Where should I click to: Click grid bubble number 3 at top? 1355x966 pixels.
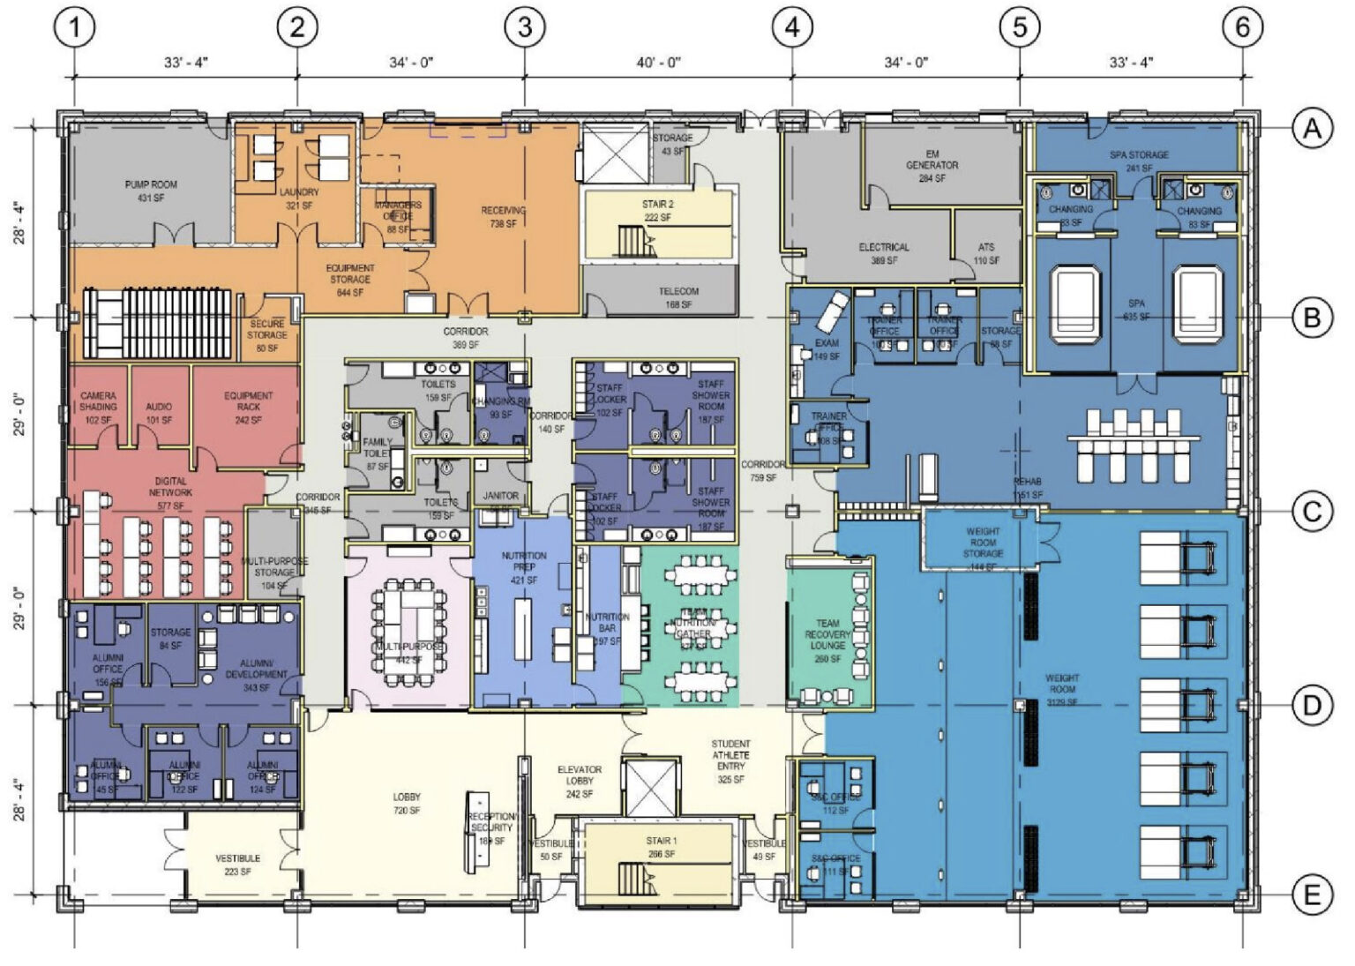coord(524,27)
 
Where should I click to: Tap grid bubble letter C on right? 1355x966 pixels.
coord(1312,512)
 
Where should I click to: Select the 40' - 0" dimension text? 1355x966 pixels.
coord(659,63)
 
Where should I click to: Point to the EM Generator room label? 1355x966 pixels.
coord(932,166)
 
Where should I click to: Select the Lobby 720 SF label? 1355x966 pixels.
coord(407,804)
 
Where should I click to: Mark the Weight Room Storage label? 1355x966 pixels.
coord(983,543)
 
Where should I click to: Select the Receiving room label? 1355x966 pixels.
coord(503,217)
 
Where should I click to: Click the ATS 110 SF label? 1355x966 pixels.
coord(986,254)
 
